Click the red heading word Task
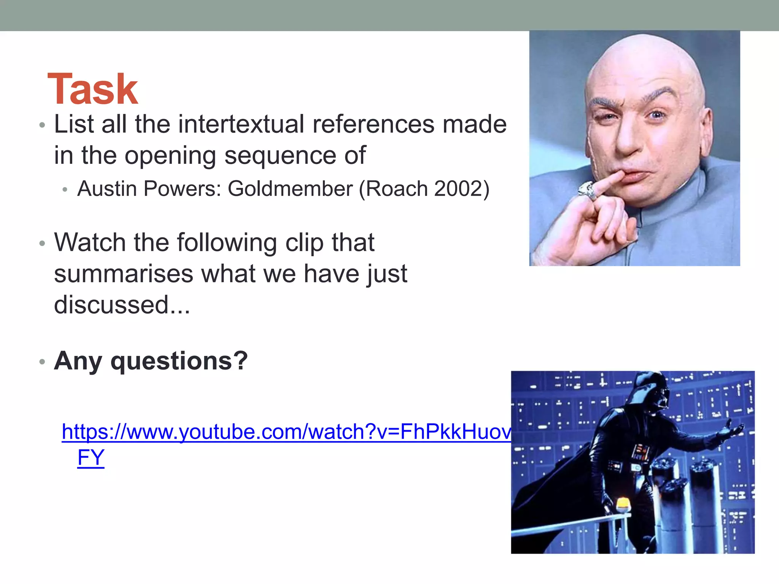[x=92, y=89]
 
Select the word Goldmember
[x=290, y=189]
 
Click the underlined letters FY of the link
[x=91, y=457]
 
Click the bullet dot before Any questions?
[x=42, y=362]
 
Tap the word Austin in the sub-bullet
[x=107, y=189]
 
